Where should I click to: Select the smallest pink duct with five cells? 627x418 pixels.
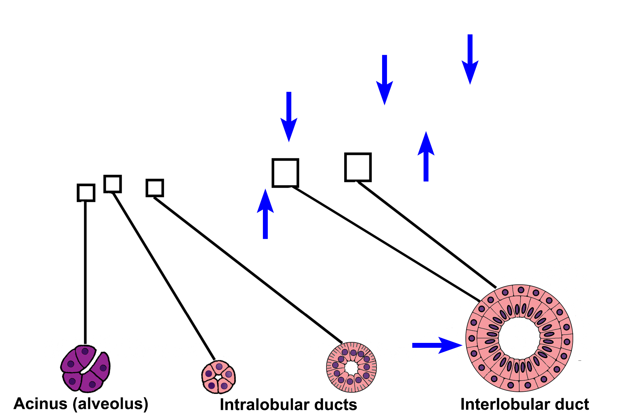(218, 377)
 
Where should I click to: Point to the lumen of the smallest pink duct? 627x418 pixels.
(218, 378)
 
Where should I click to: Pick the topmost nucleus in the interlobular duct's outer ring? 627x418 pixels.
(521, 290)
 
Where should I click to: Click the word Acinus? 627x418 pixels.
(40, 404)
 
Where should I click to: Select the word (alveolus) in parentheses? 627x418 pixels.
(110, 404)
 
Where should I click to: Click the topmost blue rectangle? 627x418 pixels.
(470, 60)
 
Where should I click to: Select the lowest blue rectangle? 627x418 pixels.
(265, 214)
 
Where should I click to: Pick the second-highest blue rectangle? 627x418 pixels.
(384, 80)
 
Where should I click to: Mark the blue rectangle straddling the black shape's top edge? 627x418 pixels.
(426, 156)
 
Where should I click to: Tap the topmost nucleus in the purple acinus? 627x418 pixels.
(85, 351)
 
